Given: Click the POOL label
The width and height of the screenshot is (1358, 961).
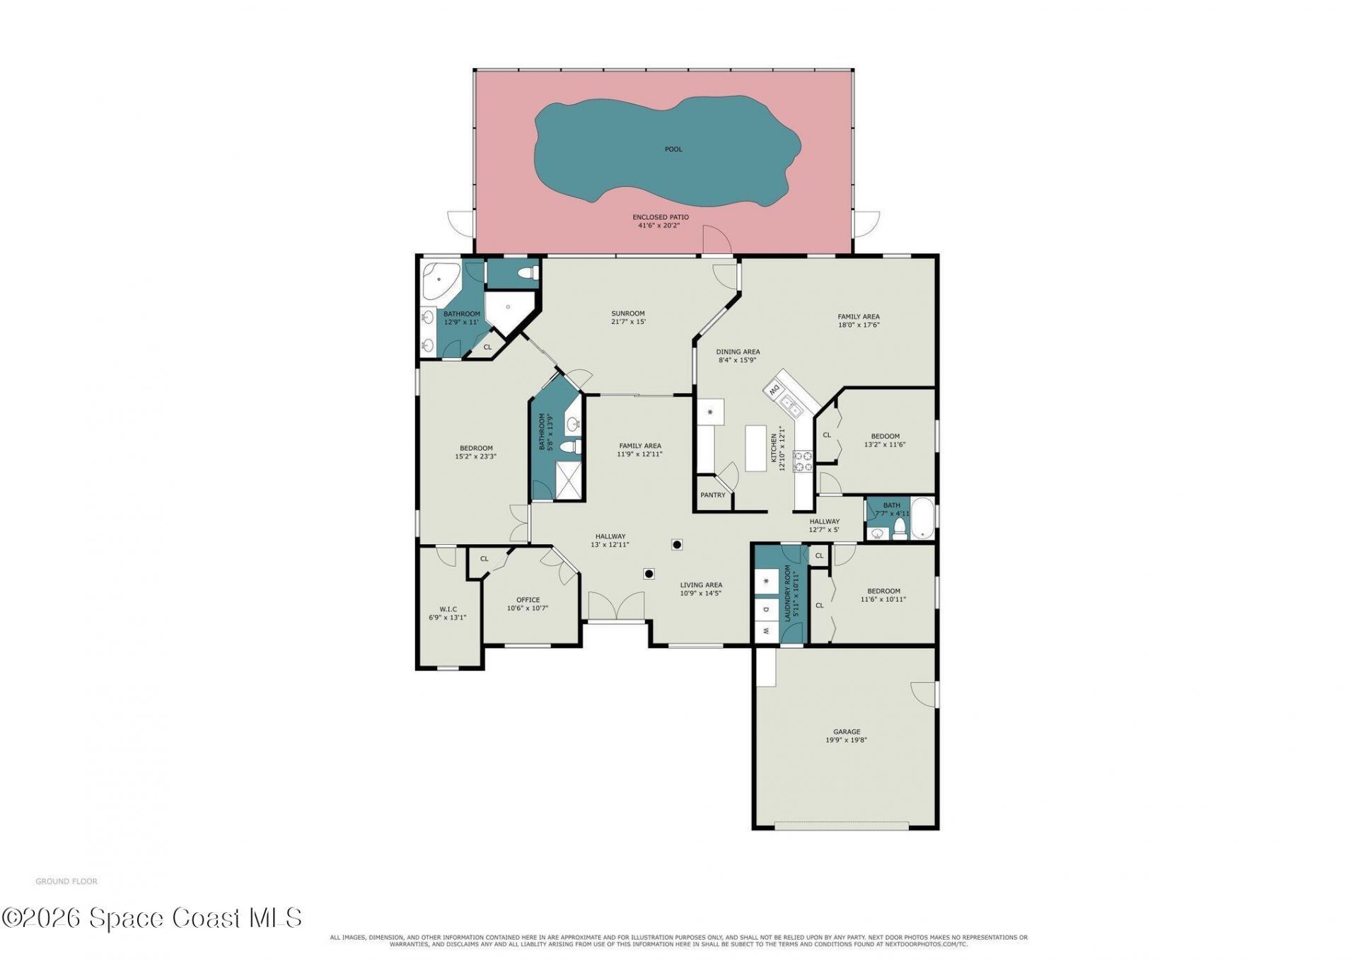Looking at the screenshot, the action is pos(673,149).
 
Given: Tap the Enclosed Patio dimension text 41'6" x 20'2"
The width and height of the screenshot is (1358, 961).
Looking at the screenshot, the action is pos(660,226).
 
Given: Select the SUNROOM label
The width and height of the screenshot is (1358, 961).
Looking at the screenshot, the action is pos(628,313).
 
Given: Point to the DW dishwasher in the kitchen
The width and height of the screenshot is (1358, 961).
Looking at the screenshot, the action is pos(774,389).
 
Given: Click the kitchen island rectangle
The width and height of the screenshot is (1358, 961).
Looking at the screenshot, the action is pos(756,448).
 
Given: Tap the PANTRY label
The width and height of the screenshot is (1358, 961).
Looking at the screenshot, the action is pos(713,495).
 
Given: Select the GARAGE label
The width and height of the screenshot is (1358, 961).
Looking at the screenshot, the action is pos(847,732).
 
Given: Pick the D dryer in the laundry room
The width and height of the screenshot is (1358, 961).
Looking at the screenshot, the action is pos(766,608).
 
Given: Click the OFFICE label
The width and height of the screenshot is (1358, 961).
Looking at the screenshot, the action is pos(528,600).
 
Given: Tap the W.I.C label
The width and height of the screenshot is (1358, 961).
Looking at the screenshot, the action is pos(448,609).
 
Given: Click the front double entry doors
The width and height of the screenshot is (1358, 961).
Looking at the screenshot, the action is pos(617,606).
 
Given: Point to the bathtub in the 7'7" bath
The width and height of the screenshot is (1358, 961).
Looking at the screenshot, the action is pos(922,519).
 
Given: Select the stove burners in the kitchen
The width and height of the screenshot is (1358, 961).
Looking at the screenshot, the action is pos(803,461).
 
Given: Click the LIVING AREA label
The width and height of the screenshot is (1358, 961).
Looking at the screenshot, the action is pos(701,585).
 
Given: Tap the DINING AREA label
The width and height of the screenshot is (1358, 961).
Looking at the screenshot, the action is pos(738,352).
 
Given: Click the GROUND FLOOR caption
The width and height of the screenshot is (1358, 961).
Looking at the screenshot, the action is pos(66,882).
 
